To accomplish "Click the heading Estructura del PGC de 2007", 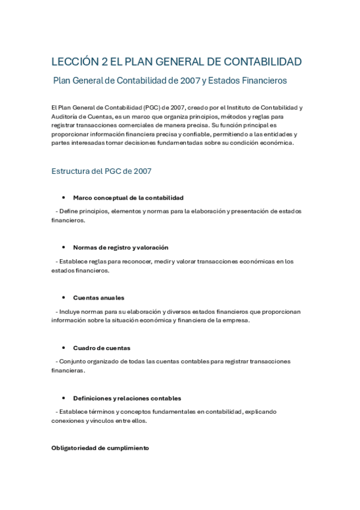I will click(102, 171).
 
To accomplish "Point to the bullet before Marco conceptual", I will click(63, 198).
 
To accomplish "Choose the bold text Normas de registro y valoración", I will click(120, 247).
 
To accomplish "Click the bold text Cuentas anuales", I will click(99, 298).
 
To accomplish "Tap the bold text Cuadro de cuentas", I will click(102, 348).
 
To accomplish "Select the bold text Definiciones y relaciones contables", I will click(127, 398).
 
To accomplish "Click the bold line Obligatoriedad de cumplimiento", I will click(100, 448).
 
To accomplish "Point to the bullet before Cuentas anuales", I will click(63, 298).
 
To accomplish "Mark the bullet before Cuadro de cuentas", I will click(63, 348).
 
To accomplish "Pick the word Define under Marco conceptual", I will click(69, 211).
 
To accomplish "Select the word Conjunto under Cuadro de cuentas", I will click(72, 361).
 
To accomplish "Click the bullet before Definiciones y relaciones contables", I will click(63, 398).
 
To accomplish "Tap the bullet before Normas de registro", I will click(63, 247).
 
